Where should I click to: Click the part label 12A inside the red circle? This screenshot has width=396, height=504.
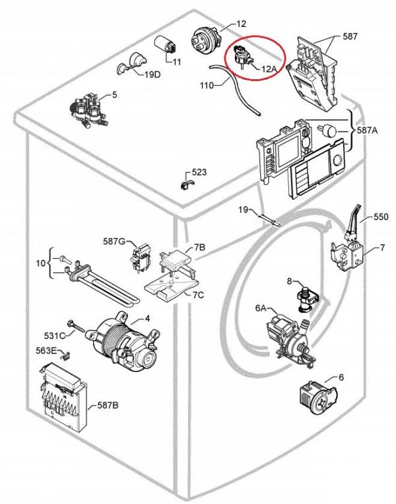[269, 68]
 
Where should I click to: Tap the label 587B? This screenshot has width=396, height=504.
[108, 406]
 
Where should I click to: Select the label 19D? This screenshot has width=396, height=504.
[152, 75]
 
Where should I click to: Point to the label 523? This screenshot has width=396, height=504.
[199, 172]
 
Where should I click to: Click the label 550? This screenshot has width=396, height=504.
[381, 216]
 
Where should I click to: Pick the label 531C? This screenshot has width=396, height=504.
[55, 336]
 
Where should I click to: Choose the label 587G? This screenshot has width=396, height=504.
[114, 241]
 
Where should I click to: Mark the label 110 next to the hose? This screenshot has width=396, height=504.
[207, 86]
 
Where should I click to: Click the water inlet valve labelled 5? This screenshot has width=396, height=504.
[88, 110]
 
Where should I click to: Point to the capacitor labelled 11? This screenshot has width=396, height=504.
[165, 46]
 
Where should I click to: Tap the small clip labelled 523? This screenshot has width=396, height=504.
[186, 185]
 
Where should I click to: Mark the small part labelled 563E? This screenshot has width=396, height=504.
[65, 356]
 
